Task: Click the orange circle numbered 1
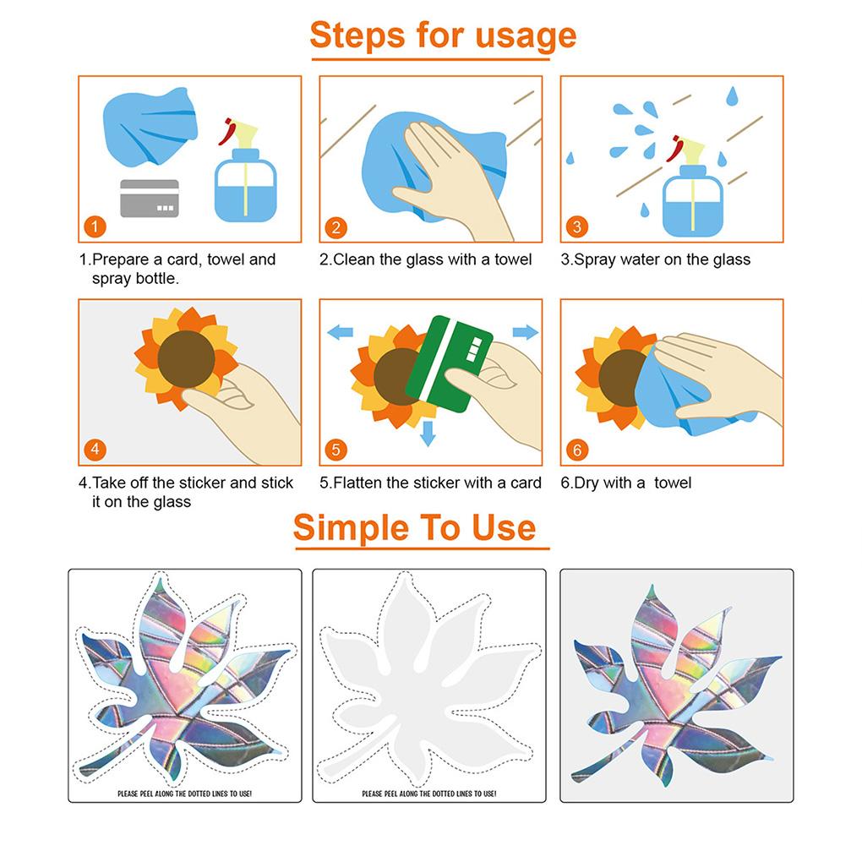95,226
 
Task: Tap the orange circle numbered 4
95,450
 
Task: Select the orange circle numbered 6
577,450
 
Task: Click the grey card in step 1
150,199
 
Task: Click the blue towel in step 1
150,127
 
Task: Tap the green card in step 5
449,363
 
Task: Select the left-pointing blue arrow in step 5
341,331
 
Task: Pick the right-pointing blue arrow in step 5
526,331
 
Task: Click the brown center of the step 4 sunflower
187,359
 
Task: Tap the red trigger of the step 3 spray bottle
675,149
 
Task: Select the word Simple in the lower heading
352,527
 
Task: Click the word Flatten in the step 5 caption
357,483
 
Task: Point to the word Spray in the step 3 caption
595,260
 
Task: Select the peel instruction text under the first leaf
185,794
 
